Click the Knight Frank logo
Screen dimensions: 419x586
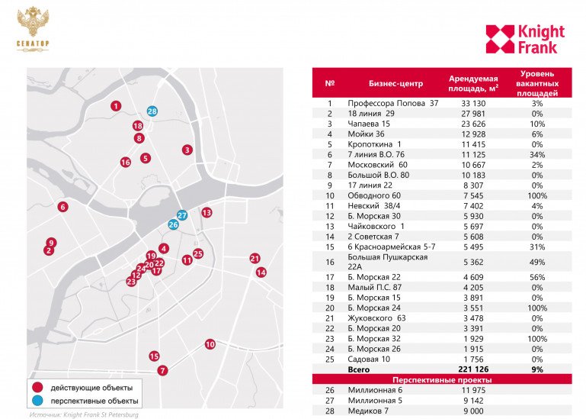525,40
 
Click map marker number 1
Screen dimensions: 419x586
115,106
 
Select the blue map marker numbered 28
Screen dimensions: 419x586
152,111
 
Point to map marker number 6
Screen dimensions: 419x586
62,207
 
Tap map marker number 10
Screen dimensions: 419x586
210,344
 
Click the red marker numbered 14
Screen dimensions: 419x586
261,272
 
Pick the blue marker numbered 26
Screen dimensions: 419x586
173,224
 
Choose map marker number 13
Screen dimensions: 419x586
207,212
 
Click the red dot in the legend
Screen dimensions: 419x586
37,388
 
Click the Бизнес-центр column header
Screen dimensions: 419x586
393,83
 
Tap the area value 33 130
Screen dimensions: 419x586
473,103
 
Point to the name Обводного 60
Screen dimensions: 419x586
373,195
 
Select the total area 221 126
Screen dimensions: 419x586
473,369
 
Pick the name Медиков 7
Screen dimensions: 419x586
370,411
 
